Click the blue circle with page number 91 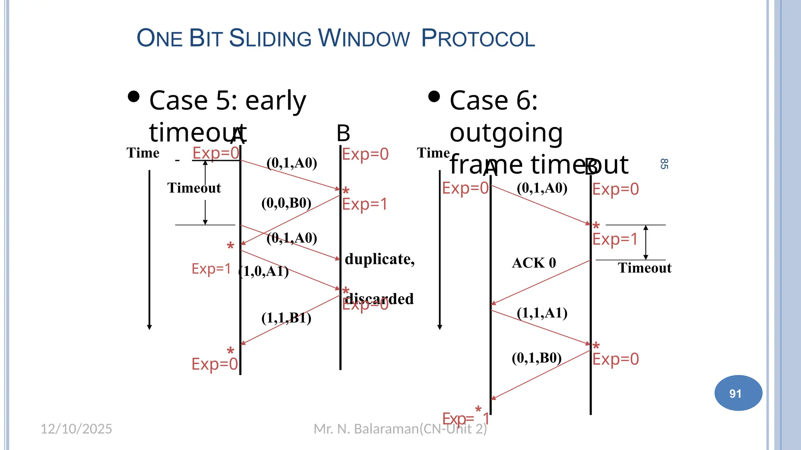[x=738, y=393]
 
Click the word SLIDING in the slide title [x=270, y=38]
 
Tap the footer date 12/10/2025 [x=76, y=429]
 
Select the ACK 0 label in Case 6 [x=534, y=263]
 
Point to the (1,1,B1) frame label [x=286, y=318]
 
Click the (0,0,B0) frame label [x=286, y=203]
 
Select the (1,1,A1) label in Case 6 [x=542, y=313]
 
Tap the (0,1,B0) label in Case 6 [x=537, y=358]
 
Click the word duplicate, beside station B [x=379, y=259]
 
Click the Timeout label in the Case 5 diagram [x=194, y=188]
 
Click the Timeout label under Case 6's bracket [x=645, y=268]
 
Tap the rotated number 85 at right [x=664, y=164]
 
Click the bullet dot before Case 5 [x=134, y=96]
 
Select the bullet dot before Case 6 [x=434, y=96]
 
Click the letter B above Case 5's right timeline [x=343, y=134]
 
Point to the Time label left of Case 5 [x=143, y=153]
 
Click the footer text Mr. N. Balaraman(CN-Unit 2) [x=400, y=429]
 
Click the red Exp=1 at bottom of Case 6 [x=465, y=418]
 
